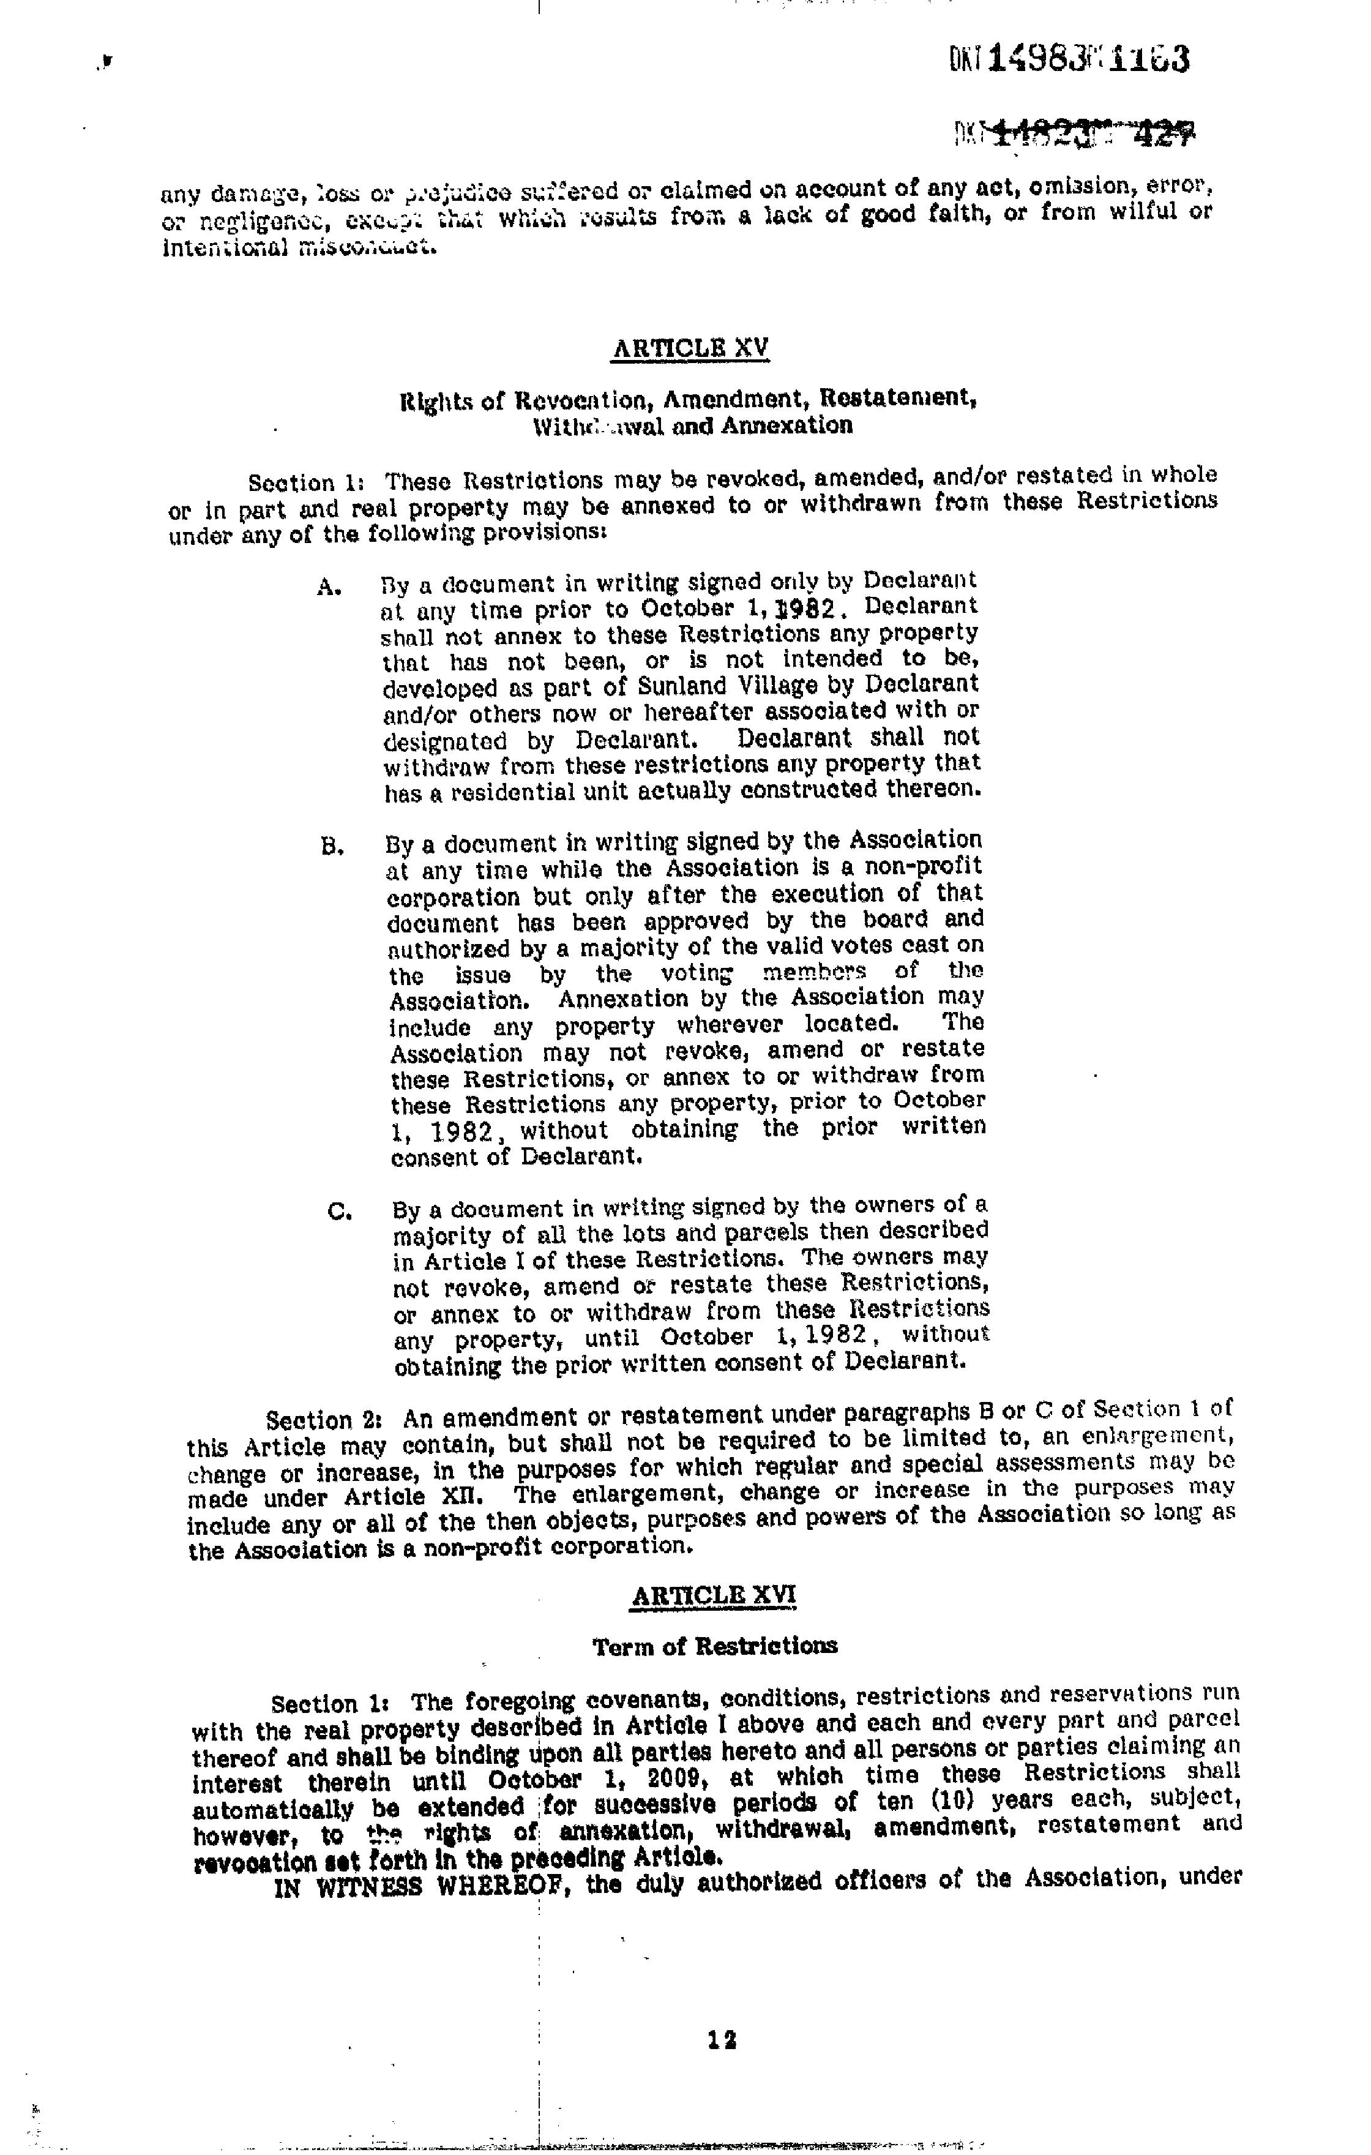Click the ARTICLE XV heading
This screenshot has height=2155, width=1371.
click(689, 348)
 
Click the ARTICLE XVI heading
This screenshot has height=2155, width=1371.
click(713, 1595)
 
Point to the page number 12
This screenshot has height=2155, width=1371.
click(721, 2039)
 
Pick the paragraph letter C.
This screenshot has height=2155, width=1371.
click(339, 1212)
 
